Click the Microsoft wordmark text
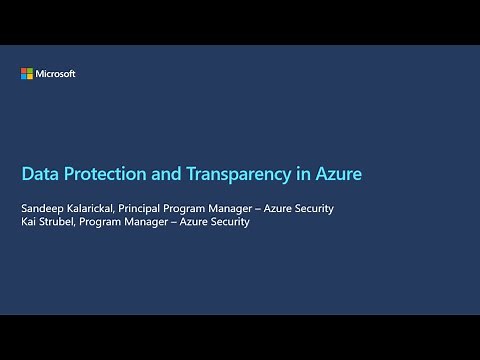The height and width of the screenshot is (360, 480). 56,74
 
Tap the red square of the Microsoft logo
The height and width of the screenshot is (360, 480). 25,71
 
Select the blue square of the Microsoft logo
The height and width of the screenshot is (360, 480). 25,77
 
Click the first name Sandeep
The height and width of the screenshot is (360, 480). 43,208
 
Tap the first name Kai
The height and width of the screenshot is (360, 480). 30,222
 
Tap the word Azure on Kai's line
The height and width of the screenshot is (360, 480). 190,222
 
